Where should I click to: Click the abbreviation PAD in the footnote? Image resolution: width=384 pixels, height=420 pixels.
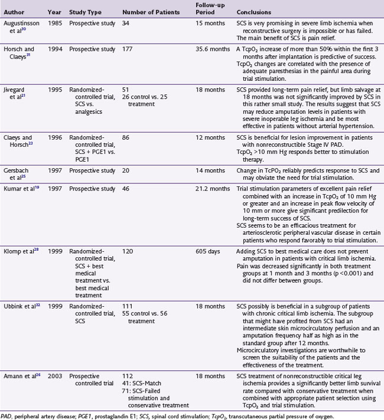tap(6, 415)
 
